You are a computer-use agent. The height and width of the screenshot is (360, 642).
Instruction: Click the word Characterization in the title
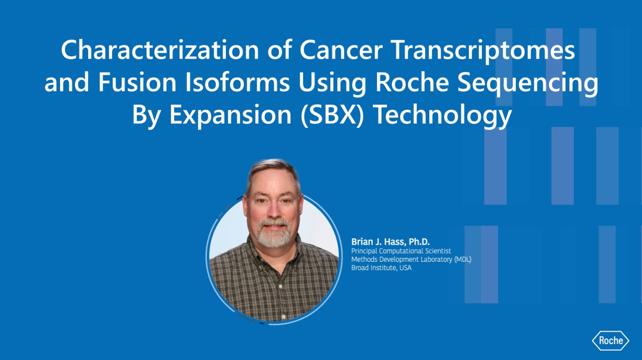(x=160, y=50)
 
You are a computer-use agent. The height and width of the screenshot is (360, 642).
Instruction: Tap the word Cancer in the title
(x=341, y=50)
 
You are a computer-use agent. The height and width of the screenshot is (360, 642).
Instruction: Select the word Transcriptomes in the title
(x=483, y=51)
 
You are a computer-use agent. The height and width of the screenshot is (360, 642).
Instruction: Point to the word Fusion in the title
(x=137, y=82)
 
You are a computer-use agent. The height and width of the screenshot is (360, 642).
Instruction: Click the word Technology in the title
(x=443, y=116)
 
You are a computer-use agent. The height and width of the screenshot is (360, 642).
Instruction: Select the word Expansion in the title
(x=231, y=116)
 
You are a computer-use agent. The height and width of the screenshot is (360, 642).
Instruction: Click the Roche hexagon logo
(x=611, y=340)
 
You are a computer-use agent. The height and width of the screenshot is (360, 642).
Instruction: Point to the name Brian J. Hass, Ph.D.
(x=390, y=242)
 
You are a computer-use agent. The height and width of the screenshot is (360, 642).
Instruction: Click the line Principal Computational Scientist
(x=401, y=251)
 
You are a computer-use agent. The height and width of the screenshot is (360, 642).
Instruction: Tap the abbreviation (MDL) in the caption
(x=463, y=259)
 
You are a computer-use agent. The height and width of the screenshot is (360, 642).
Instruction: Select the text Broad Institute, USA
(x=381, y=268)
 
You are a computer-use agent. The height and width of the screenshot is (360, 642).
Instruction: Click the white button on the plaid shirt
(x=283, y=317)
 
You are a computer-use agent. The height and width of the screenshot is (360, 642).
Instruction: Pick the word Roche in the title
(x=412, y=82)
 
